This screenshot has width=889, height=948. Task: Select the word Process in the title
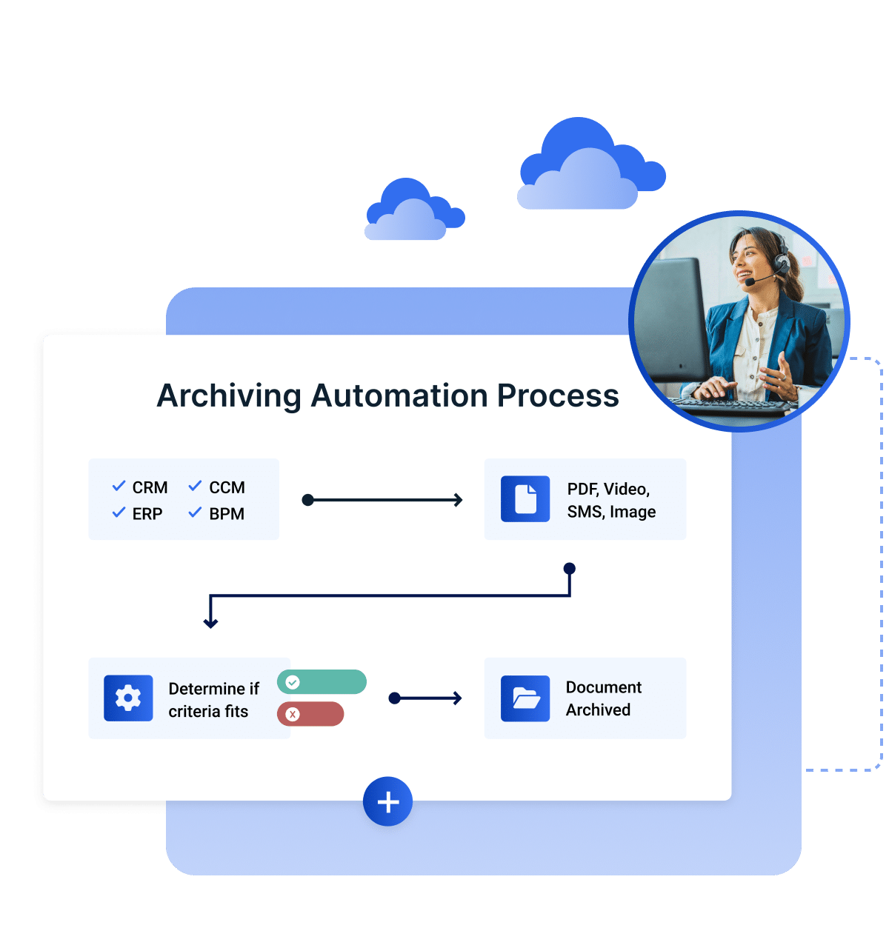point(557,395)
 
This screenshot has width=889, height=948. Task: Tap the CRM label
point(150,487)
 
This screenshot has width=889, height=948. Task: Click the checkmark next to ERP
point(119,513)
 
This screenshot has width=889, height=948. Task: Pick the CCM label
point(227,487)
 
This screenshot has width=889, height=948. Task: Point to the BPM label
point(227,513)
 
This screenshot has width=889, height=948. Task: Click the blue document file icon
point(525,499)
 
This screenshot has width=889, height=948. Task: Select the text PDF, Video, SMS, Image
point(611,500)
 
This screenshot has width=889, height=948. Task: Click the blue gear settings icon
point(128,698)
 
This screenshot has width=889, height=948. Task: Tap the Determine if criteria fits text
point(213,700)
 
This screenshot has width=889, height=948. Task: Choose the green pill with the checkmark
point(322,681)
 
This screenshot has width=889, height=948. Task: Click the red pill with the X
point(310,714)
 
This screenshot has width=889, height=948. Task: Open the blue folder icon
point(525,698)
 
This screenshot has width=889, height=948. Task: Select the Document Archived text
point(603,698)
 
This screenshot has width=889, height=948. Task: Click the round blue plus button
point(387,801)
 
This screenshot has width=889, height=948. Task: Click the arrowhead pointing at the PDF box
point(458,500)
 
